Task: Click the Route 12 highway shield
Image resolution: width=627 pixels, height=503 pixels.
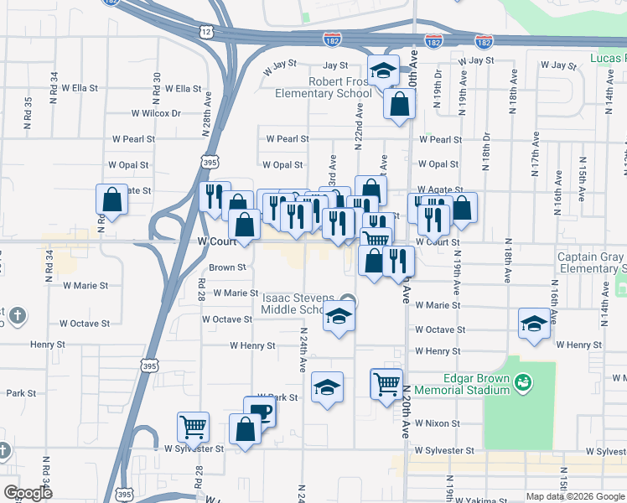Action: click(x=206, y=30)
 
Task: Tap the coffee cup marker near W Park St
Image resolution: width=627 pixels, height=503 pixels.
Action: click(x=260, y=412)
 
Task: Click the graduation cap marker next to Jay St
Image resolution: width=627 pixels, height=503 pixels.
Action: click(x=383, y=70)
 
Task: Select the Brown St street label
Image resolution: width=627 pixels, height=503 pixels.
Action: click(x=227, y=268)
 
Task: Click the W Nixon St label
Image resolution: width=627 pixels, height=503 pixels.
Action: click(x=437, y=424)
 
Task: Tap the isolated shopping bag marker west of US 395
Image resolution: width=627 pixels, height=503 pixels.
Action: click(x=111, y=200)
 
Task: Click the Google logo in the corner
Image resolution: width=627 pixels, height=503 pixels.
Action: click(x=28, y=493)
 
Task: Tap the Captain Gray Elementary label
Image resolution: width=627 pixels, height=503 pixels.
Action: click(x=591, y=262)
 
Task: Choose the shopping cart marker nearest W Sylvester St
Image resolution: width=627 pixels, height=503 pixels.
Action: click(x=194, y=426)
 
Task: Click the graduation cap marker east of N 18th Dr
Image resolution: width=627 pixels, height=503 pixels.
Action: click(x=533, y=324)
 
